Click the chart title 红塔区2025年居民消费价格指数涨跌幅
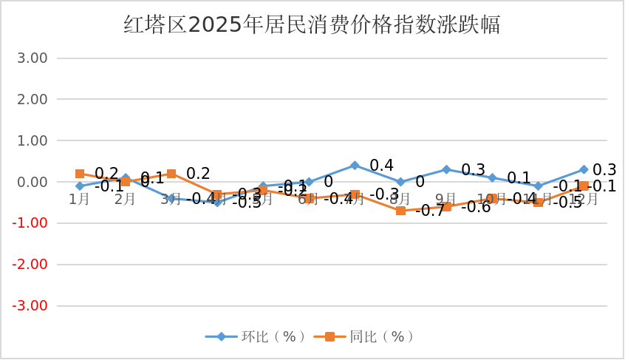click(312, 24)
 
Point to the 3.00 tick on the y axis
click(32, 58)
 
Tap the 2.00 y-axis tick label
click(32, 99)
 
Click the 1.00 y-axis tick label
click(32, 140)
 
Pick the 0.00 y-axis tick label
click(32, 182)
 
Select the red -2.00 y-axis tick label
click(30, 265)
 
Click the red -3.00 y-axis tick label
click(30, 306)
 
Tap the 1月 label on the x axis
click(79, 199)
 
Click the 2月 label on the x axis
click(125, 199)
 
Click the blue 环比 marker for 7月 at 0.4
click(355, 166)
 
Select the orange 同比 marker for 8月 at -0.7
click(400, 211)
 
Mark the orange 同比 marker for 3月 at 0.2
click(171, 174)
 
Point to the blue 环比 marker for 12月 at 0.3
click(584, 169)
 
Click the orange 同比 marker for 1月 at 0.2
click(80, 174)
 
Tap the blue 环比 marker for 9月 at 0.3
click(446, 169)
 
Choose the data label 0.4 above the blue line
click(381, 165)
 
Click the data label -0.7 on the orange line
click(430, 211)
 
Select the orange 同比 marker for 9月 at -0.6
click(446, 206)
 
